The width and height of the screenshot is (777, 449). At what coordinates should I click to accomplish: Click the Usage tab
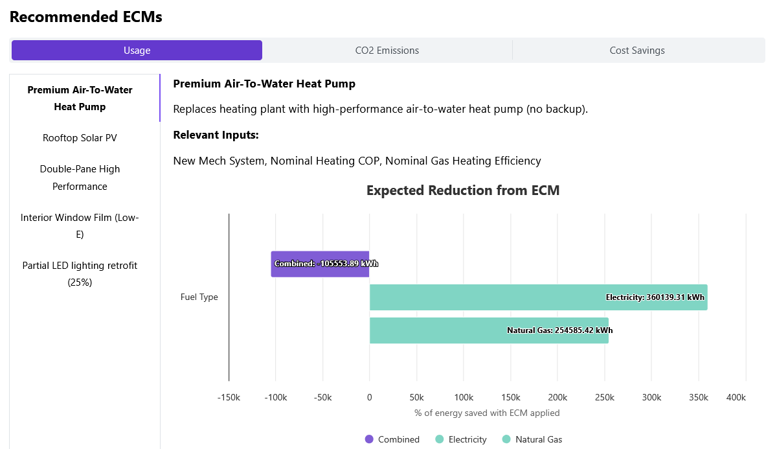point(137,51)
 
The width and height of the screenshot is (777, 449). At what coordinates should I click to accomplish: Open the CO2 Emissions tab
point(387,51)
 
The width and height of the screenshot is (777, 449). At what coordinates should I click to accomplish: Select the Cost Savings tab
point(637,51)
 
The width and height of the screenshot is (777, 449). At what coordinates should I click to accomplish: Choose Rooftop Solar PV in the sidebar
point(80,138)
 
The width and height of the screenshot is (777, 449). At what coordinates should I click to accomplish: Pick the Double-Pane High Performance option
point(80,178)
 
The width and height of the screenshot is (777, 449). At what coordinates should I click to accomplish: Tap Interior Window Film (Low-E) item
point(80,226)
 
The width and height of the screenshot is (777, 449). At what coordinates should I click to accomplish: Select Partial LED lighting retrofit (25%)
point(80,274)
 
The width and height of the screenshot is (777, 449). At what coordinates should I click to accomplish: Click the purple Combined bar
point(321,264)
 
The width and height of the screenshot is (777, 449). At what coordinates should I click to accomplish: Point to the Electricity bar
point(538,297)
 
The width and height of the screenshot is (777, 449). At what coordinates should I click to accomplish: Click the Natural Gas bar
point(489,330)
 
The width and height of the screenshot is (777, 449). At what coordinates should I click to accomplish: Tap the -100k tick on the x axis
point(276,397)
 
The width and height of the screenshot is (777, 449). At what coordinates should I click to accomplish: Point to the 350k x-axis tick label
point(699,397)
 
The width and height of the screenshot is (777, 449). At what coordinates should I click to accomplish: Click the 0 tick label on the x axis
point(370,397)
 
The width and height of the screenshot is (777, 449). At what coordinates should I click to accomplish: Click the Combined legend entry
point(392,439)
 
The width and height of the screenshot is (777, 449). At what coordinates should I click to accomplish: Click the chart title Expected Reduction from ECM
point(463,190)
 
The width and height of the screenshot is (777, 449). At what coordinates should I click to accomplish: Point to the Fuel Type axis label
point(199,297)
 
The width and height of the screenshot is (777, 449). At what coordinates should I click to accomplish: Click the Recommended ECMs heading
point(86,17)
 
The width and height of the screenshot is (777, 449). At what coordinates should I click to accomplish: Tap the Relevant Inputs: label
point(216,135)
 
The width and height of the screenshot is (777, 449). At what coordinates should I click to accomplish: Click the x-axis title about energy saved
point(487,413)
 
